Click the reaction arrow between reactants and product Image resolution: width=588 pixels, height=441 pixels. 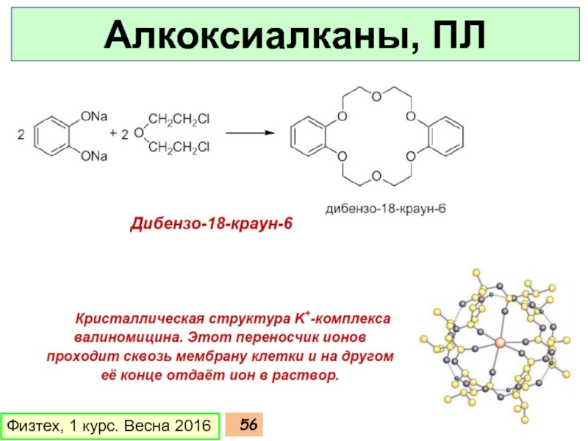tap(251, 134)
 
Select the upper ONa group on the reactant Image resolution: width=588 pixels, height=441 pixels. tap(95, 116)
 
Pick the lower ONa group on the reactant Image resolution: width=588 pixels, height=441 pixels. tap(95, 156)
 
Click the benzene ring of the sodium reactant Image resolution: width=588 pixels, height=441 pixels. tap(54, 135)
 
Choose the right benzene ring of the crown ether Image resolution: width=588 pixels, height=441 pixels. tap(445, 135)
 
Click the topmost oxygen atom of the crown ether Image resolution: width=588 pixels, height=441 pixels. tap(376, 96)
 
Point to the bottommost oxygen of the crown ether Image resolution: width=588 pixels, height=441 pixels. tap(376, 176)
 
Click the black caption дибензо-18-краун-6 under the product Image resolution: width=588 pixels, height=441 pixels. tap(386, 209)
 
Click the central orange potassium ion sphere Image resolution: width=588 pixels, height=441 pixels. tap(500, 343)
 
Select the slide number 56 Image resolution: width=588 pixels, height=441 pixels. tap(248, 425)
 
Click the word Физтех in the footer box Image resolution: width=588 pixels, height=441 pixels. tap(32, 426)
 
